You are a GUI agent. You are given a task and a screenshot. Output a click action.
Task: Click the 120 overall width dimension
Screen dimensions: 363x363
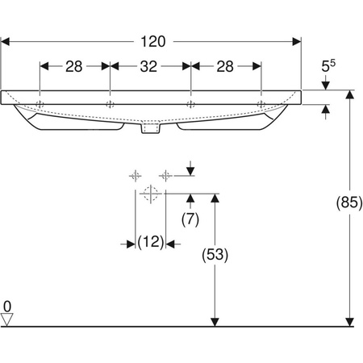[153, 42]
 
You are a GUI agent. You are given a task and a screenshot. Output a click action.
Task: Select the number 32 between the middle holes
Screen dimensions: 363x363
[148, 66]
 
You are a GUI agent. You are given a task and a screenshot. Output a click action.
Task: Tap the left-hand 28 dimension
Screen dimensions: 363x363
[74, 66]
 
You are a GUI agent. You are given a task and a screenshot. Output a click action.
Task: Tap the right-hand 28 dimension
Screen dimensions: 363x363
[225, 66]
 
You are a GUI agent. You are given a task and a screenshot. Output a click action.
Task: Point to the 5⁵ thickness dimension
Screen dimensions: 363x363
[328, 65]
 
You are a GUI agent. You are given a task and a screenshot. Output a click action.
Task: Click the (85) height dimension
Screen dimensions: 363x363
[349, 202]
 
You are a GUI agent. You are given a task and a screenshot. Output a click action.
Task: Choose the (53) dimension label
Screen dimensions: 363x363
[215, 254]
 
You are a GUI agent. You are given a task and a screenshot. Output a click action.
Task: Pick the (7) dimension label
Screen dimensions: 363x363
[190, 219]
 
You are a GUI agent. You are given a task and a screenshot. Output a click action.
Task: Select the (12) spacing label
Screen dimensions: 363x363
[151, 242]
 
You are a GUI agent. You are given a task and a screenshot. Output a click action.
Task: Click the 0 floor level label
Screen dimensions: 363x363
[7, 307]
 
